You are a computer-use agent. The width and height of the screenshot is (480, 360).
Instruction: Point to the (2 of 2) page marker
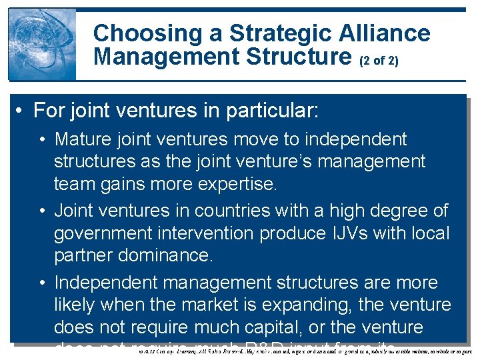[x=379, y=61]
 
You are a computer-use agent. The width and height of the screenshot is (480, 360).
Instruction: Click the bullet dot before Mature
[x=42, y=140]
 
